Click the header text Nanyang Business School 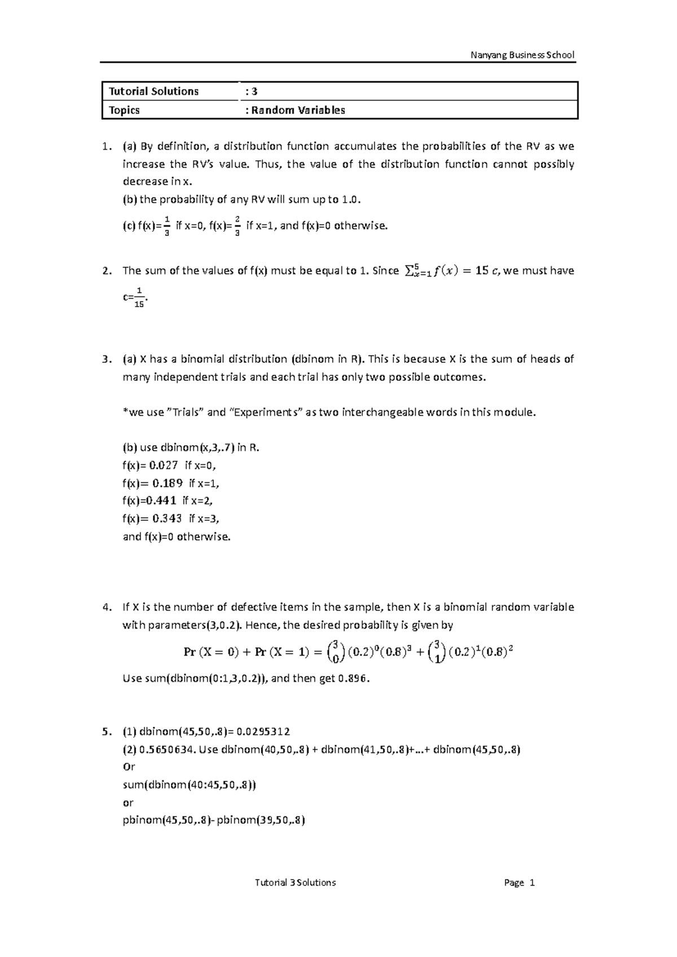pyautogui.click(x=522, y=55)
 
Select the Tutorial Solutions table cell pyautogui.click(x=154, y=91)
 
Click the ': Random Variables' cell pyautogui.click(x=295, y=110)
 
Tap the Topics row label pyautogui.click(x=125, y=110)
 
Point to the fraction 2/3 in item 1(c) pyautogui.click(x=238, y=226)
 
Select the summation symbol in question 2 pyautogui.click(x=410, y=271)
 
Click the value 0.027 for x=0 pyautogui.click(x=165, y=466)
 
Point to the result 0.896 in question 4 pyautogui.click(x=353, y=679)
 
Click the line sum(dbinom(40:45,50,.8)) pyautogui.click(x=189, y=785)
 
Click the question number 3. pyautogui.click(x=107, y=359)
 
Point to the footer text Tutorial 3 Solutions pyautogui.click(x=295, y=883)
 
